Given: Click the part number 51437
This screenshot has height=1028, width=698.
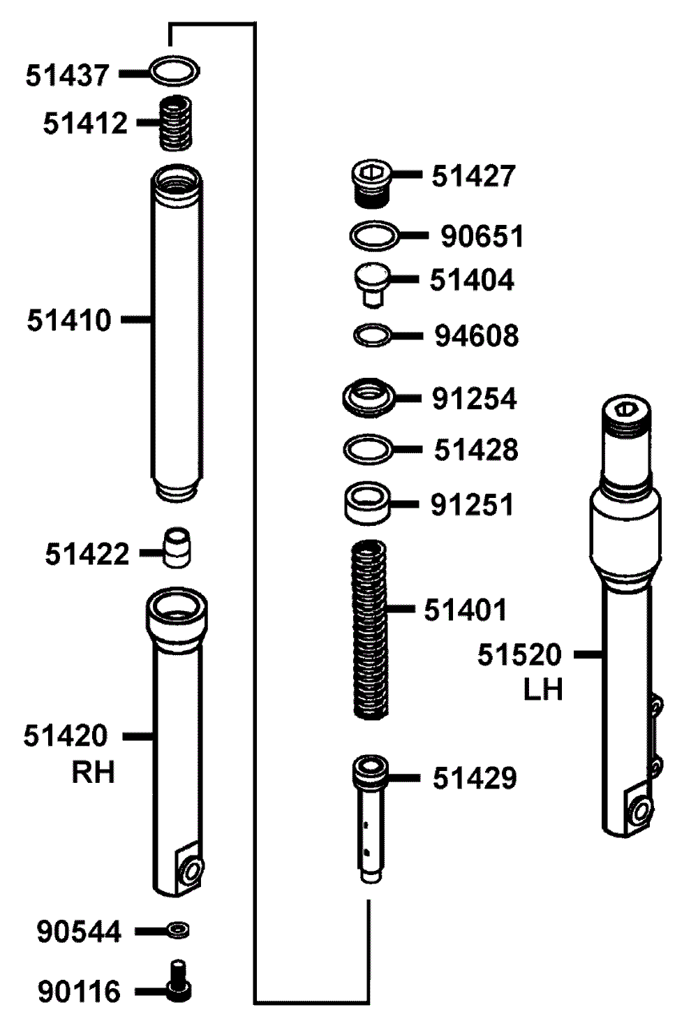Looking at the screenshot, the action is (x=67, y=75).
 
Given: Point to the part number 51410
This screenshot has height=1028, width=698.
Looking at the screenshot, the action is (x=69, y=320).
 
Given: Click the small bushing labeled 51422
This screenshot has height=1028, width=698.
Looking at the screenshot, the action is (x=177, y=548).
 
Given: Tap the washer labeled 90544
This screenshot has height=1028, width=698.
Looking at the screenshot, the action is (x=177, y=930).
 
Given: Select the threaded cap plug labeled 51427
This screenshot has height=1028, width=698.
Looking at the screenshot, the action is (x=371, y=184).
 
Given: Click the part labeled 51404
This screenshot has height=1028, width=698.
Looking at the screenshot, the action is (x=372, y=284).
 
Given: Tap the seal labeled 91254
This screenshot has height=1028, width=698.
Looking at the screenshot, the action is (x=369, y=397).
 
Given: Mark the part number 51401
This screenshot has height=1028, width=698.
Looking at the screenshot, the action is (x=465, y=610).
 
